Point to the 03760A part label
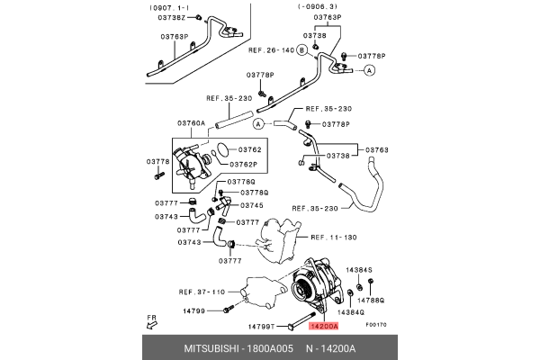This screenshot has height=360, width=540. point(192,122)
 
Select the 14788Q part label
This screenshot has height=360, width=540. point(370,300)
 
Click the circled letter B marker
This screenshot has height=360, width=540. point(302,49)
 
